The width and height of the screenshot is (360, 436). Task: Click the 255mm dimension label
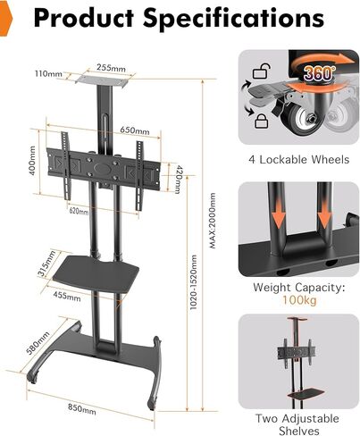pyautogui.click(x=111, y=68)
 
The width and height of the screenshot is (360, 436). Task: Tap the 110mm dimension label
pyautogui.click(x=48, y=73)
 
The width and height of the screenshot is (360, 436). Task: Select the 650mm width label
pyautogui.click(x=135, y=130)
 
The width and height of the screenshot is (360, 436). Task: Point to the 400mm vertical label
pyautogui.click(x=32, y=160)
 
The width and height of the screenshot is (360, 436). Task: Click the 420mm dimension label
pyautogui.click(x=179, y=179)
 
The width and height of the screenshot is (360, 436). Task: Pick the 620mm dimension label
pyautogui.click(x=79, y=211)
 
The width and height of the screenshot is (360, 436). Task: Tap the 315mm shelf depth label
pyautogui.click(x=46, y=263)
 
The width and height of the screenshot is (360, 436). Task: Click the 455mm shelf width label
pyautogui.click(x=67, y=296)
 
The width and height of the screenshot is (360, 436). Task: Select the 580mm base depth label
pyautogui.click(x=38, y=343)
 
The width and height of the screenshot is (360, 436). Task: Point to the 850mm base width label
pyautogui.click(x=82, y=408)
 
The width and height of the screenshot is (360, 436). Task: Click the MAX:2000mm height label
pyautogui.click(x=213, y=221)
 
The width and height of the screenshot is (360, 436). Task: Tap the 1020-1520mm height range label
pyautogui.click(x=194, y=282)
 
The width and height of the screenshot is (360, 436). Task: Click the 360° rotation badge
pyautogui.click(x=318, y=72)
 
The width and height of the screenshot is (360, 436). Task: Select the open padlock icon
pyautogui.click(x=262, y=71)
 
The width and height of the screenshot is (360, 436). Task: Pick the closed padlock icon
pyautogui.click(x=263, y=121)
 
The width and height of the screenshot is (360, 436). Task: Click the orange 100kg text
pyautogui.click(x=299, y=300)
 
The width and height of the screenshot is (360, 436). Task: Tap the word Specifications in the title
pyautogui.click(x=233, y=19)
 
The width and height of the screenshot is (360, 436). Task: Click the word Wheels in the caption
pyautogui.click(x=330, y=160)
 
